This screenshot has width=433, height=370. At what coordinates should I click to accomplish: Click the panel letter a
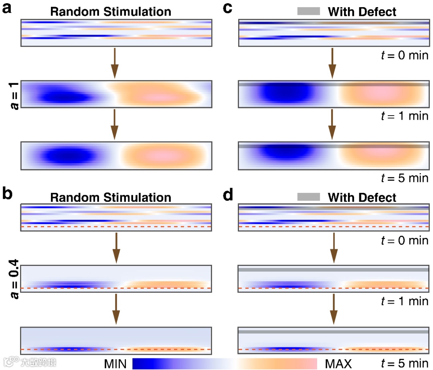(7, 9)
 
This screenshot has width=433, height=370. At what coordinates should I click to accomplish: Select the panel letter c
(227, 8)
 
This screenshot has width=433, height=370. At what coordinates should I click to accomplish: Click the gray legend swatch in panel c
(308, 12)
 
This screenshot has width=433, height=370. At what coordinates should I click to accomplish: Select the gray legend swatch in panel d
(308, 197)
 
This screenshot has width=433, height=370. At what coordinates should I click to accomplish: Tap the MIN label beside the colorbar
(115, 364)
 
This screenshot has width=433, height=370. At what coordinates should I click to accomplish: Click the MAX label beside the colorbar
(338, 364)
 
